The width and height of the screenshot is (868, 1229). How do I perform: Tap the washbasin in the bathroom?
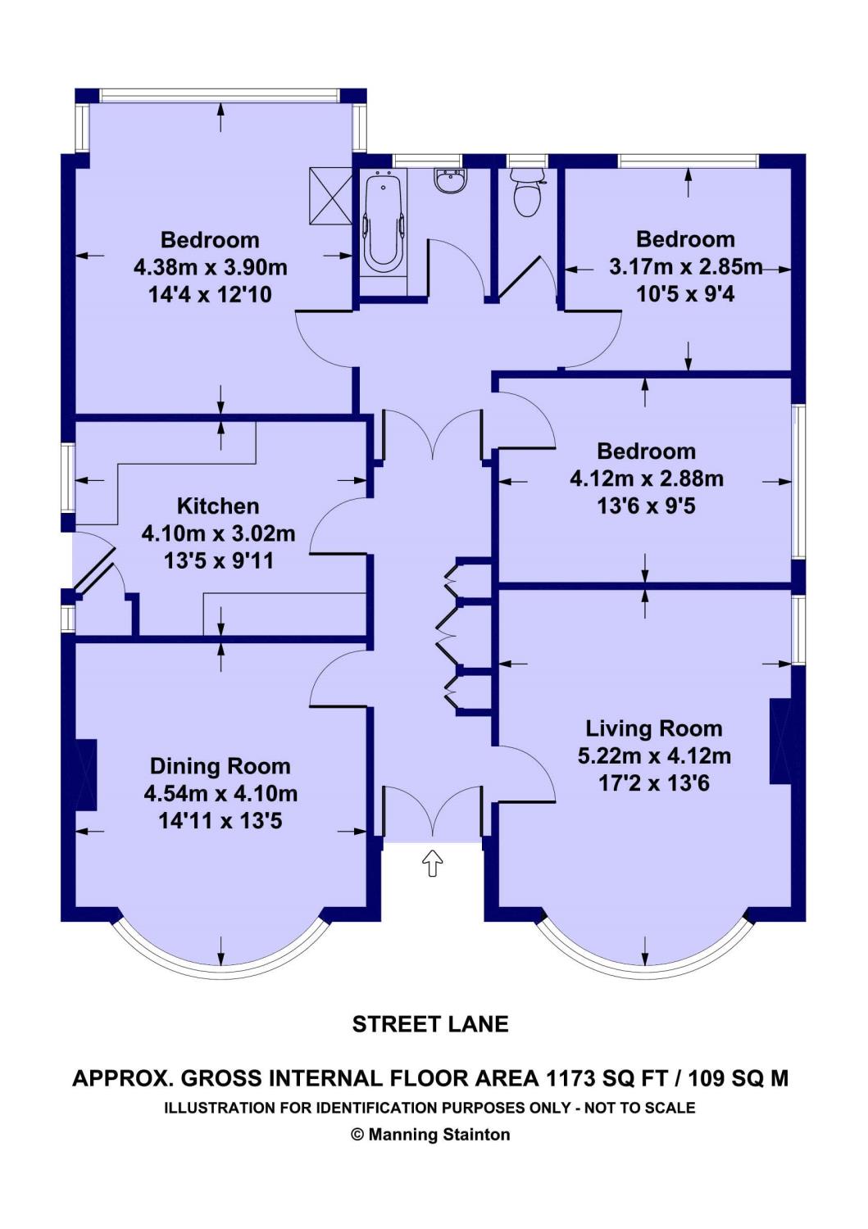(450, 180)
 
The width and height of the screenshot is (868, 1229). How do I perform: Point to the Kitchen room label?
(218, 506)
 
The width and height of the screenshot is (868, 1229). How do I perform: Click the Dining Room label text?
(220, 766)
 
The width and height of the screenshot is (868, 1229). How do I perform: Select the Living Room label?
(654, 728)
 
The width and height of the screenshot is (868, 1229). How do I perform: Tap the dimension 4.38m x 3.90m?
(211, 268)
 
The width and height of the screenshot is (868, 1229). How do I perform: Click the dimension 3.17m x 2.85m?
(686, 266)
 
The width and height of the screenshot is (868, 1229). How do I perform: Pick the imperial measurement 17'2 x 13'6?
(654, 783)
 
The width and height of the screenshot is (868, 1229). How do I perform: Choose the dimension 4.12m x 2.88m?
(646, 478)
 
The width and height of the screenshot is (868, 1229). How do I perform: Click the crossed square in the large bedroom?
(330, 196)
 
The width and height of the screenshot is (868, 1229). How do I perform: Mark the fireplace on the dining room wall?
(85, 774)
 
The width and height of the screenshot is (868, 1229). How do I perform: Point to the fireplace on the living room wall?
(780, 741)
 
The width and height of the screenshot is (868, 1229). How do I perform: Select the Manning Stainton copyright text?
(430, 1134)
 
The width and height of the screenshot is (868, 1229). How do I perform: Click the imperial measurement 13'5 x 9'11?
(219, 560)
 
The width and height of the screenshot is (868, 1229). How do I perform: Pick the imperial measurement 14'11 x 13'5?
(220, 821)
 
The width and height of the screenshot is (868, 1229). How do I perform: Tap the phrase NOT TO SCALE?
(639, 1108)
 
